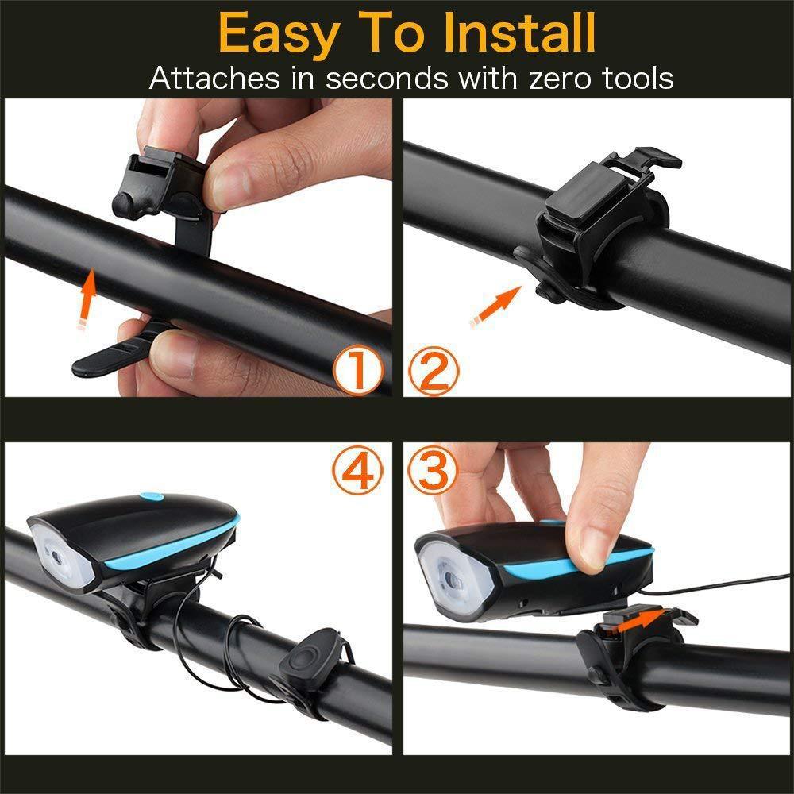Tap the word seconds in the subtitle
coord(385,78)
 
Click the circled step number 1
coord(358,372)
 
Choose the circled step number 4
coord(358,471)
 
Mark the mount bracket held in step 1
coord(163,183)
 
